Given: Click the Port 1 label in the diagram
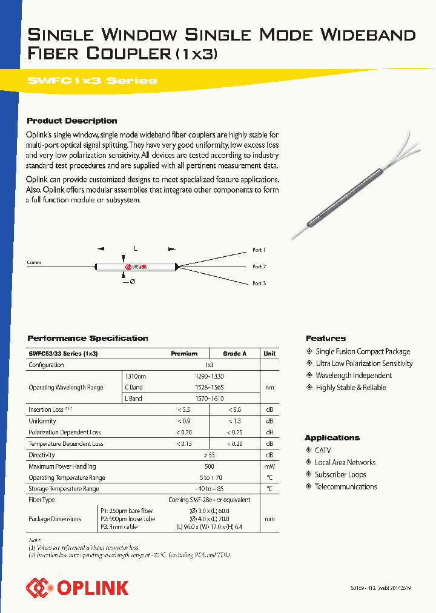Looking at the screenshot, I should pyautogui.click(x=259, y=250).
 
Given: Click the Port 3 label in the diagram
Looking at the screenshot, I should pyautogui.click(x=259, y=283).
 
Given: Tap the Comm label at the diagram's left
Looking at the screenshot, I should pyautogui.click(x=34, y=262).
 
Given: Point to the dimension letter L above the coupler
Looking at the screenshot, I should pyautogui.click(x=136, y=249).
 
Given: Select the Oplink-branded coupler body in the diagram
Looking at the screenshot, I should pyautogui.click(x=136, y=266).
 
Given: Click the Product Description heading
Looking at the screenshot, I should pyautogui.click(x=72, y=121).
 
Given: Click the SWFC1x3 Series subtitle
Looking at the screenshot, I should pyautogui.click(x=92, y=81).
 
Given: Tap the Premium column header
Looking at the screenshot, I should pyautogui.click(x=184, y=354).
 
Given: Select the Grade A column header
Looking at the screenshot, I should pyautogui.click(x=234, y=354).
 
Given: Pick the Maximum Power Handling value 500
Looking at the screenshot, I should pyautogui.click(x=210, y=466).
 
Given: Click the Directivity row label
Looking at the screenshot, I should pyautogui.click(x=42, y=455).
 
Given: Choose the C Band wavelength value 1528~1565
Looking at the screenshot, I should pyautogui.click(x=210, y=388).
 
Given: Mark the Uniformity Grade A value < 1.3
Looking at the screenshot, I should pyautogui.click(x=234, y=421).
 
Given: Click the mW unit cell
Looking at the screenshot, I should pyautogui.click(x=269, y=466).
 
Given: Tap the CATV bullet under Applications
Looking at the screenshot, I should pyautogui.click(x=322, y=451).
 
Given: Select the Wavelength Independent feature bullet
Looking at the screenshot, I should pyautogui.click(x=354, y=376).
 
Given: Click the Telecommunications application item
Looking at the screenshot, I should pyautogui.click(x=345, y=487).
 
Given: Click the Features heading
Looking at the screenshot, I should pyautogui.click(x=326, y=339).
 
